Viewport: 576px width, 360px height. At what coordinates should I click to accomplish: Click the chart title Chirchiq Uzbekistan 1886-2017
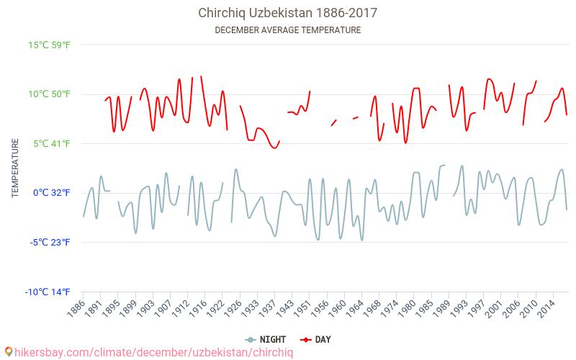288,13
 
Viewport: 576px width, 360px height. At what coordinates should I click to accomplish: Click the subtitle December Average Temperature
288,30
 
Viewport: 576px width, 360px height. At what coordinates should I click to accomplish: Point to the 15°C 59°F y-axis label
50,45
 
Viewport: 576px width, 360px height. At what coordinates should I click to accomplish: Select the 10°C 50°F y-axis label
50,94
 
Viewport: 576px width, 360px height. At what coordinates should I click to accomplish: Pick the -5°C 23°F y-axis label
50,243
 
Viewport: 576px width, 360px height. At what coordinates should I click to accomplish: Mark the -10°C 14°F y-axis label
48,292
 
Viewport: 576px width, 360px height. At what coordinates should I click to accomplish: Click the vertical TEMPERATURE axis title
15,168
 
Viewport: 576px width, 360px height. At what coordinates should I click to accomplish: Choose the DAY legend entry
316,339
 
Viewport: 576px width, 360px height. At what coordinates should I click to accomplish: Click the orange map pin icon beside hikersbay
9,352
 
